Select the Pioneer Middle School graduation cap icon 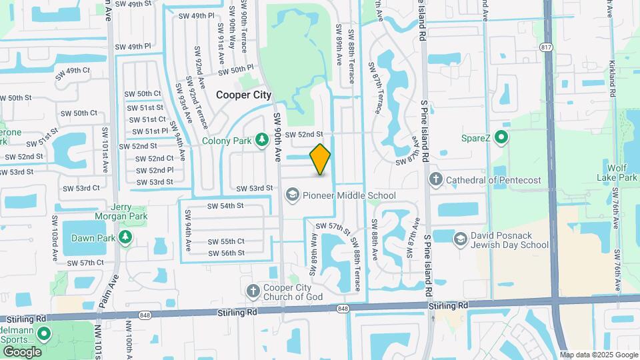click(x=291, y=195)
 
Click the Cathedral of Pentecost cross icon click(x=435, y=179)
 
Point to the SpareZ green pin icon click(x=502, y=139)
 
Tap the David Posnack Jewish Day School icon click(x=460, y=239)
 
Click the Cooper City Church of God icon click(x=253, y=291)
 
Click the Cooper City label click(x=244, y=95)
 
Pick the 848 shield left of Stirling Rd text click(x=145, y=315)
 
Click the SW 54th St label click(x=225, y=206)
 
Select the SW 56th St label click(x=226, y=253)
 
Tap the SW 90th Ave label click(x=277, y=137)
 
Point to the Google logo click(x=22, y=351)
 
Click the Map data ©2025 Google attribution click(x=598, y=355)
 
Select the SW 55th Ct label click(x=226, y=241)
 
